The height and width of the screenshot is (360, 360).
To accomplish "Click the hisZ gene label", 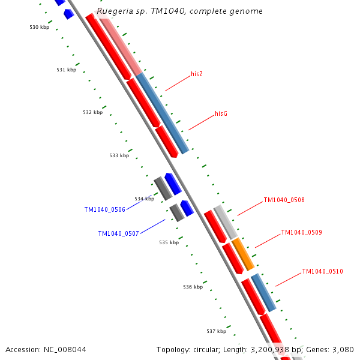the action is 197,74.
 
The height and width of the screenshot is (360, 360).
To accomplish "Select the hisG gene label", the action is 221,113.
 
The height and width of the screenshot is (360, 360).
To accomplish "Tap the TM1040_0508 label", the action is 284,200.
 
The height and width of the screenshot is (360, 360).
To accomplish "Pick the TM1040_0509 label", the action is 301,232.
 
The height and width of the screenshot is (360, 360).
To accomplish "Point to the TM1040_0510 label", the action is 322,271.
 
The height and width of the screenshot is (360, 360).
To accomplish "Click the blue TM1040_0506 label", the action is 104,210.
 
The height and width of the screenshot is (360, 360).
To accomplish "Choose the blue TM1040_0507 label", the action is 118,233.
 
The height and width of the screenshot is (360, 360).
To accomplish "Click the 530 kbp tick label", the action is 39,27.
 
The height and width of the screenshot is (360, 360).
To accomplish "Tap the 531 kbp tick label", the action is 66,70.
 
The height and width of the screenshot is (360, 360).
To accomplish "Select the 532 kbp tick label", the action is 92,112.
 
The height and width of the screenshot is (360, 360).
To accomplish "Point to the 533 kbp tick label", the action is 119,155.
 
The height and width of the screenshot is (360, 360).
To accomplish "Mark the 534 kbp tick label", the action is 144,199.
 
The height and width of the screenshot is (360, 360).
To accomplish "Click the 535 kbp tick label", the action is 169,242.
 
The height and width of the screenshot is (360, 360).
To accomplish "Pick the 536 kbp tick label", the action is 193,287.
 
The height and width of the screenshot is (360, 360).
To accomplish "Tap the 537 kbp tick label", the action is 216,331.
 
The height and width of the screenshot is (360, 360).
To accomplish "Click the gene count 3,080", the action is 341,349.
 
